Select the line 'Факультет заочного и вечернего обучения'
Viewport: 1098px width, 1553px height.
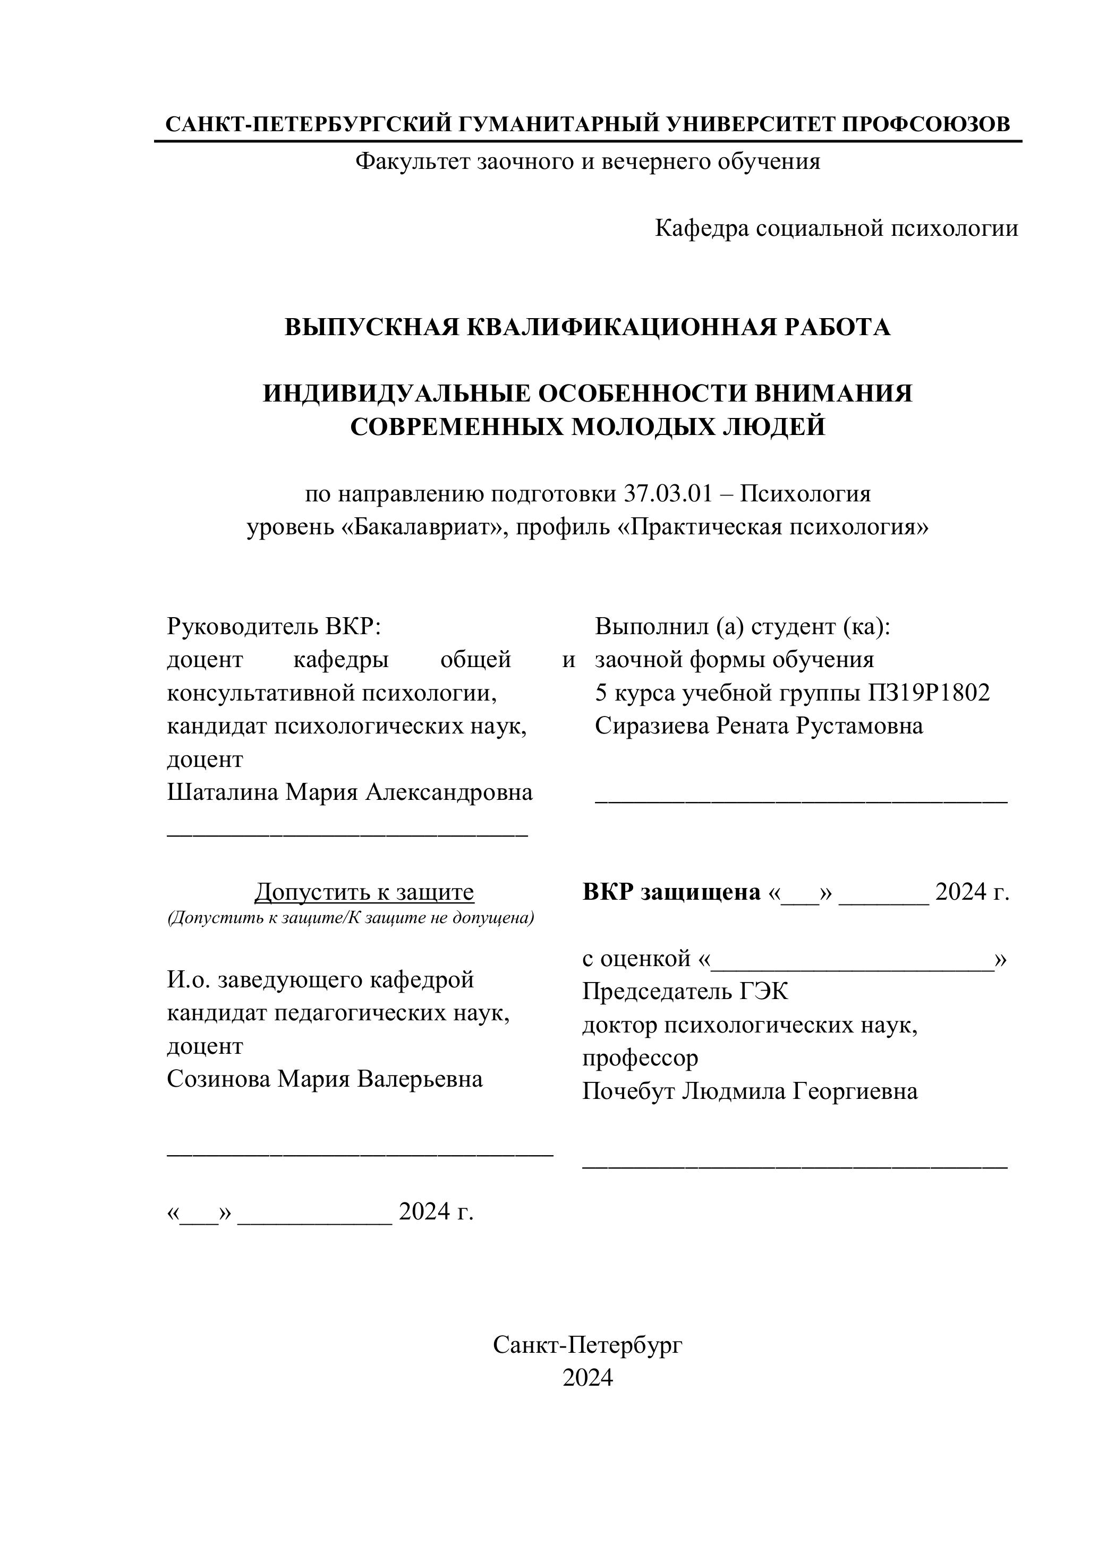(x=587, y=161)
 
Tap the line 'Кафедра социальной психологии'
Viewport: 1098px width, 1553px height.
(x=836, y=228)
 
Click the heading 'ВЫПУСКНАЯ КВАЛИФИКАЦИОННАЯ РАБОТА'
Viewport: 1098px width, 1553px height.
(x=587, y=327)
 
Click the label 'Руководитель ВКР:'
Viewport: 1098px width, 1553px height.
(x=274, y=626)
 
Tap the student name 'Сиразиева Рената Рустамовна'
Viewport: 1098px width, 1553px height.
(x=759, y=726)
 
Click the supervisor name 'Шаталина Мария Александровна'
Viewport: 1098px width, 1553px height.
(x=350, y=792)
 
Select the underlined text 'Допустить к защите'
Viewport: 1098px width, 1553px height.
(x=364, y=893)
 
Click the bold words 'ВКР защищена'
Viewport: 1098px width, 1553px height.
(x=671, y=893)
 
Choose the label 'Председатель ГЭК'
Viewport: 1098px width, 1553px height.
(x=685, y=992)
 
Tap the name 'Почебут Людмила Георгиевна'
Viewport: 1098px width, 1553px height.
(x=750, y=1091)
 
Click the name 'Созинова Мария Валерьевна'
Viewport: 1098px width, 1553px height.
(x=325, y=1079)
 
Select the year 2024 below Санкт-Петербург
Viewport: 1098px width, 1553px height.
(x=587, y=1378)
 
